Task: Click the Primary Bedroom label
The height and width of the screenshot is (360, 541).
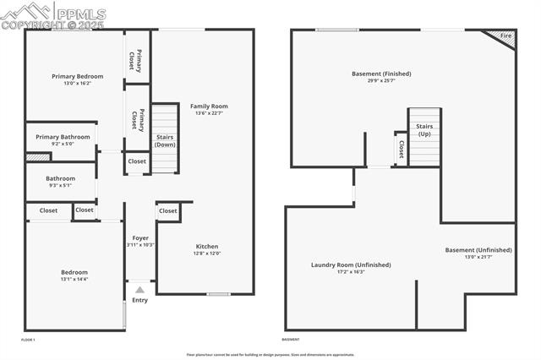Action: tap(71, 76)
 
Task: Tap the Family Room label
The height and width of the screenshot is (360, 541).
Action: tap(209, 106)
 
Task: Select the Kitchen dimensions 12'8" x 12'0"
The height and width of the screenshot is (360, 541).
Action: tap(207, 254)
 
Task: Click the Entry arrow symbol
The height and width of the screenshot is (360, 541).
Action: tap(140, 290)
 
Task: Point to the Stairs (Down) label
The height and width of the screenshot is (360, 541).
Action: tap(166, 140)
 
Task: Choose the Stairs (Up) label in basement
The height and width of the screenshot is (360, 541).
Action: tap(424, 130)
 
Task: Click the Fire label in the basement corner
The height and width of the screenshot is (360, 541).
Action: tap(505, 36)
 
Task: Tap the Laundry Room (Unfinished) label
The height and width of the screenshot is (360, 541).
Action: tap(351, 265)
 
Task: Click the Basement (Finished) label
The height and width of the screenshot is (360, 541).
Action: tap(383, 74)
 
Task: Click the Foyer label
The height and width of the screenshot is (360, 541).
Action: tap(140, 237)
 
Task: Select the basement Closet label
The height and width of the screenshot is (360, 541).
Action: tap(401, 149)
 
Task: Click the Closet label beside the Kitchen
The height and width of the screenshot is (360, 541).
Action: tap(168, 210)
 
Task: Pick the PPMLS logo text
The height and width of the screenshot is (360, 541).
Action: tap(80, 14)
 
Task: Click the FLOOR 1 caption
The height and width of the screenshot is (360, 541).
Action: tap(28, 340)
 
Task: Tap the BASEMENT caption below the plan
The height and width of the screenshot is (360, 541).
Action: tap(291, 340)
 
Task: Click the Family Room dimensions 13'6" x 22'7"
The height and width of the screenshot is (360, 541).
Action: tap(209, 114)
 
